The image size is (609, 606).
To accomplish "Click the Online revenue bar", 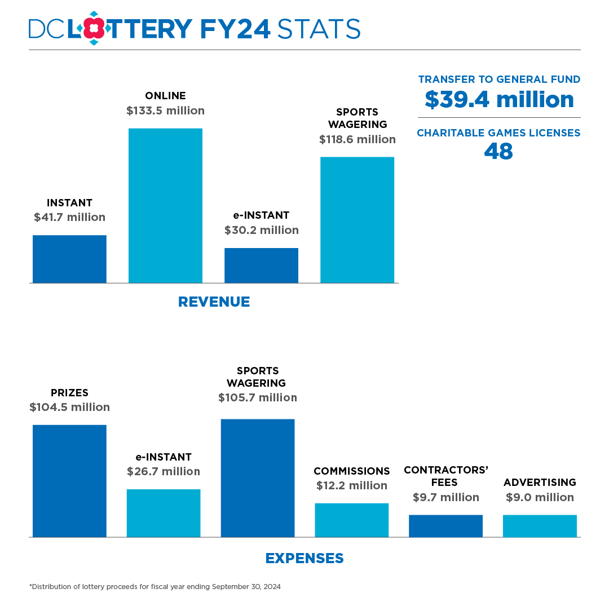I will coord(165,206).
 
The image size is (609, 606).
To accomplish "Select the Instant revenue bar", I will coord(69,259).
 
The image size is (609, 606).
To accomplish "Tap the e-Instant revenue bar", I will coord(261,266).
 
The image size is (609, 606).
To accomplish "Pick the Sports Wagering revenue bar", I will coord(357,220).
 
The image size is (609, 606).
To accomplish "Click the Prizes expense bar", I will coord(69,481).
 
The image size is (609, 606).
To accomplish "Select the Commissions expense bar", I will coord(351,520).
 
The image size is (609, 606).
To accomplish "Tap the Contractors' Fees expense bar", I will coord(445,526).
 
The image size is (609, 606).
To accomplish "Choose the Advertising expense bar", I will coord(540,526).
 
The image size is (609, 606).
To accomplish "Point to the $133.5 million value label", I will coord(165,110).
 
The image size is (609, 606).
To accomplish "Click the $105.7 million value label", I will coord(258,397).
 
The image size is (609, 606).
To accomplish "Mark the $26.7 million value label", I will coord(164,471).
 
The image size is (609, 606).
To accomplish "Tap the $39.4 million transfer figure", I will coord(499,100).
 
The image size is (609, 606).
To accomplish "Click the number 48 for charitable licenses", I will coord(498,151).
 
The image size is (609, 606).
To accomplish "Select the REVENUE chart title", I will coord(214,302).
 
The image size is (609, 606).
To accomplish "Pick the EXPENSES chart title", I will coord(304,558).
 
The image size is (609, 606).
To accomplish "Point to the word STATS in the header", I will coord(319,29).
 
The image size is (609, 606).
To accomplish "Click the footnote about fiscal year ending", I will coord(155,587).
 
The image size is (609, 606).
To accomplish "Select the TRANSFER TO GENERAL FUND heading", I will coord(499,79).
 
